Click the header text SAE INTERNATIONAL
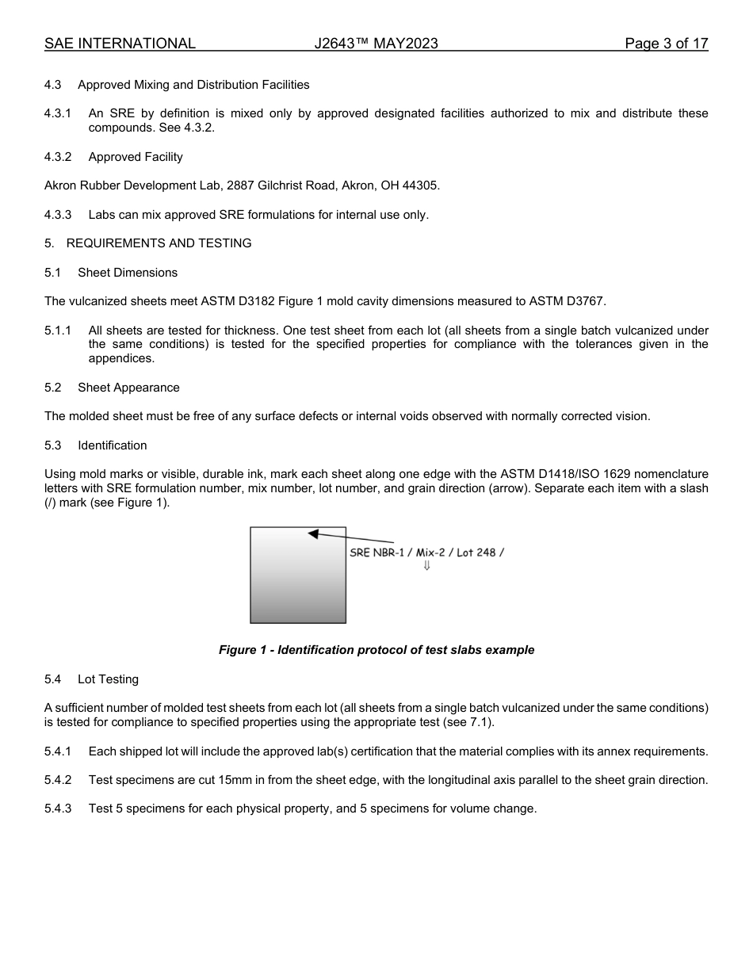click(120, 44)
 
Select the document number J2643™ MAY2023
click(376, 44)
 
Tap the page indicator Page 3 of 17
click(666, 44)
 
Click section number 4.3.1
click(58, 113)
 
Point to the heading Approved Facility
click(136, 157)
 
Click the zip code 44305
click(422, 185)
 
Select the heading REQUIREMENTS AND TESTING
click(159, 243)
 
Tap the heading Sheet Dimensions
click(128, 273)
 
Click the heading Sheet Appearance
click(128, 388)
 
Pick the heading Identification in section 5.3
click(112, 445)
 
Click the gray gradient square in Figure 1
click(298, 587)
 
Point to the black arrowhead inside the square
click(314, 534)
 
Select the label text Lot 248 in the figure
click(476, 552)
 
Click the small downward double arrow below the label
click(426, 565)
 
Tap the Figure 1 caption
click(376, 650)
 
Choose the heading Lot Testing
click(108, 679)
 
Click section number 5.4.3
click(58, 809)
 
